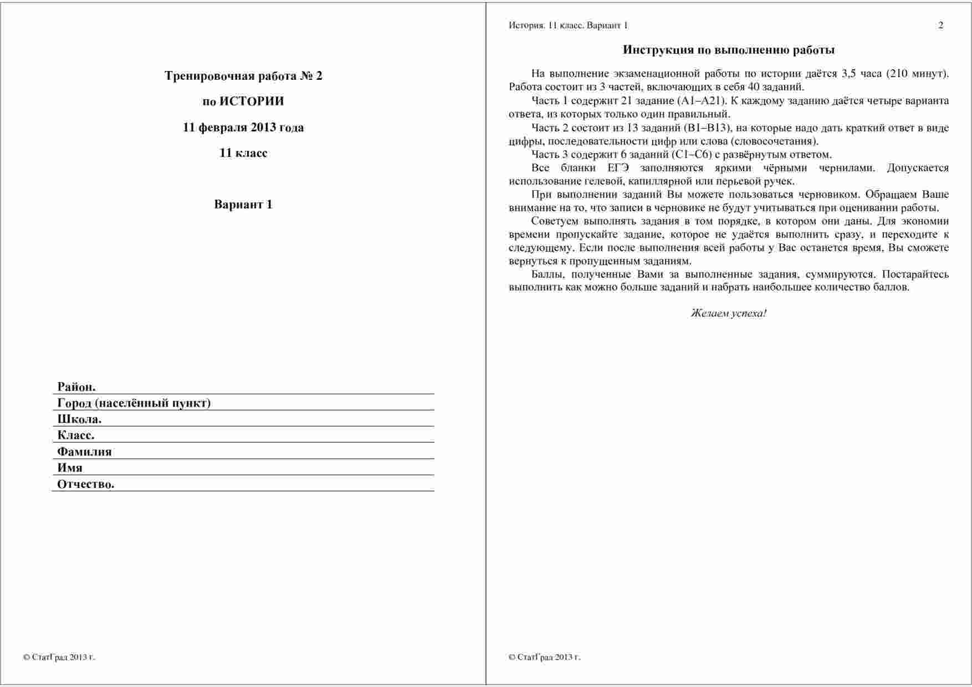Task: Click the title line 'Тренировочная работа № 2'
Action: tap(243, 76)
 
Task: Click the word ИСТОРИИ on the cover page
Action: tap(252, 101)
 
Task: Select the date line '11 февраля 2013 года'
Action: tap(243, 128)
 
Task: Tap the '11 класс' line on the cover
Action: tap(243, 153)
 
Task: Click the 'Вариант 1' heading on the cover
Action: tap(243, 205)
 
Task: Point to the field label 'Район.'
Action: tap(76, 387)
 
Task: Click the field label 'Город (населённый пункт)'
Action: tap(134, 403)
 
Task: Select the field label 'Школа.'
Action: tap(79, 419)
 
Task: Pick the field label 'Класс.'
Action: tap(76, 435)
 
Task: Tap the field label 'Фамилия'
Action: tap(84, 452)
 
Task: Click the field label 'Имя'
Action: tap(70, 468)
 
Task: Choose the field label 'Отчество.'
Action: tap(86, 484)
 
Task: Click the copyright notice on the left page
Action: tap(59, 658)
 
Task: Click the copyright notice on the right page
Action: tap(544, 658)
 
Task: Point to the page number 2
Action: tap(940, 26)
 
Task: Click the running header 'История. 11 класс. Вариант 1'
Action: tap(568, 26)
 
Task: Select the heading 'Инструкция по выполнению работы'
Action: tap(729, 50)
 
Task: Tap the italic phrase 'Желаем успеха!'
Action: tap(729, 313)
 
